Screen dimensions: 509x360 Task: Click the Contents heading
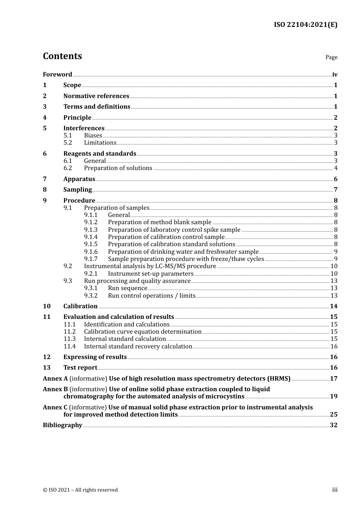(x=62, y=56)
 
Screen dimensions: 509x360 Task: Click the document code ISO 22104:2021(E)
(x=305, y=25)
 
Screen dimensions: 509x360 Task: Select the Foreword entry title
(x=57, y=75)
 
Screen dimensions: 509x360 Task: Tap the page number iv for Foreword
(x=335, y=75)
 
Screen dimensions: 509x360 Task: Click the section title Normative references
(x=96, y=96)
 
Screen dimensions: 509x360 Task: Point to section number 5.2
(x=67, y=143)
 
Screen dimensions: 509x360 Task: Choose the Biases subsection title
(x=93, y=136)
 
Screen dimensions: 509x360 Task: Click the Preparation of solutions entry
(x=118, y=168)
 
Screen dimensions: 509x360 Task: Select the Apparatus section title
(x=79, y=179)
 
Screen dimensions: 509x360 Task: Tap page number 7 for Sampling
(x=335, y=190)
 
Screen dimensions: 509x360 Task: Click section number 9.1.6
(x=91, y=252)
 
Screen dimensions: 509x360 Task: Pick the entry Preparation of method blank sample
(x=160, y=222)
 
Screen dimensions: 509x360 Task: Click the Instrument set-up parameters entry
(x=150, y=274)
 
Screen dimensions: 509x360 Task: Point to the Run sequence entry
(x=127, y=288)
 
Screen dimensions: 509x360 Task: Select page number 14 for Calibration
(x=333, y=306)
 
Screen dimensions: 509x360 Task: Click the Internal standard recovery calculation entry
(x=138, y=347)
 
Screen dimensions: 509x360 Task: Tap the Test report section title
(x=80, y=368)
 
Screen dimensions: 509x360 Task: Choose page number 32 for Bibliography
(x=333, y=425)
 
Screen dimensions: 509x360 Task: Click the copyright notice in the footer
(x=80, y=490)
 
